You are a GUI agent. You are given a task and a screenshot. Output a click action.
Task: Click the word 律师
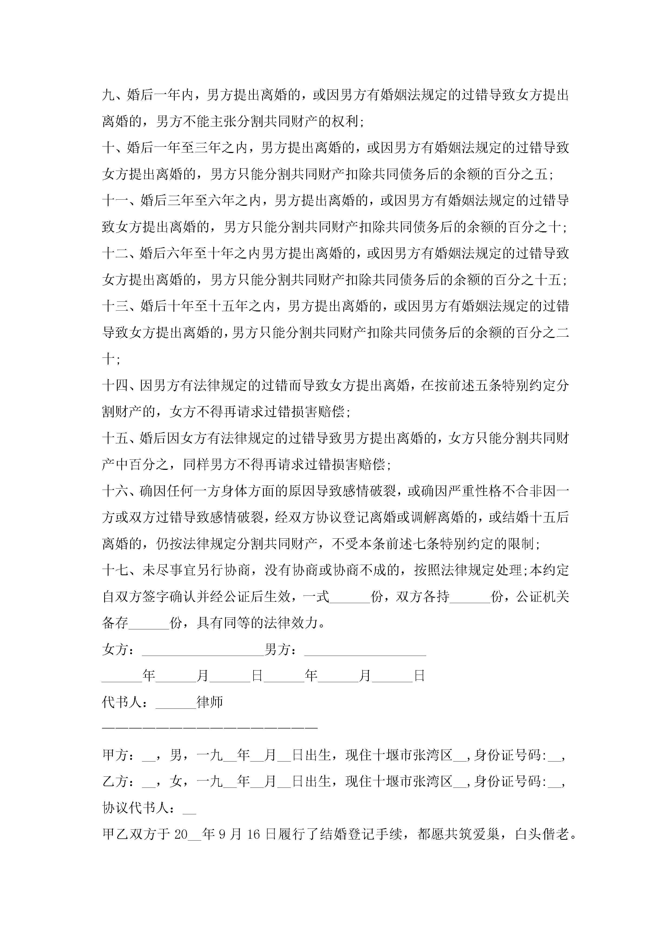coord(210,702)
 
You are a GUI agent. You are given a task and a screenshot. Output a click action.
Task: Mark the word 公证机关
coord(543,597)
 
